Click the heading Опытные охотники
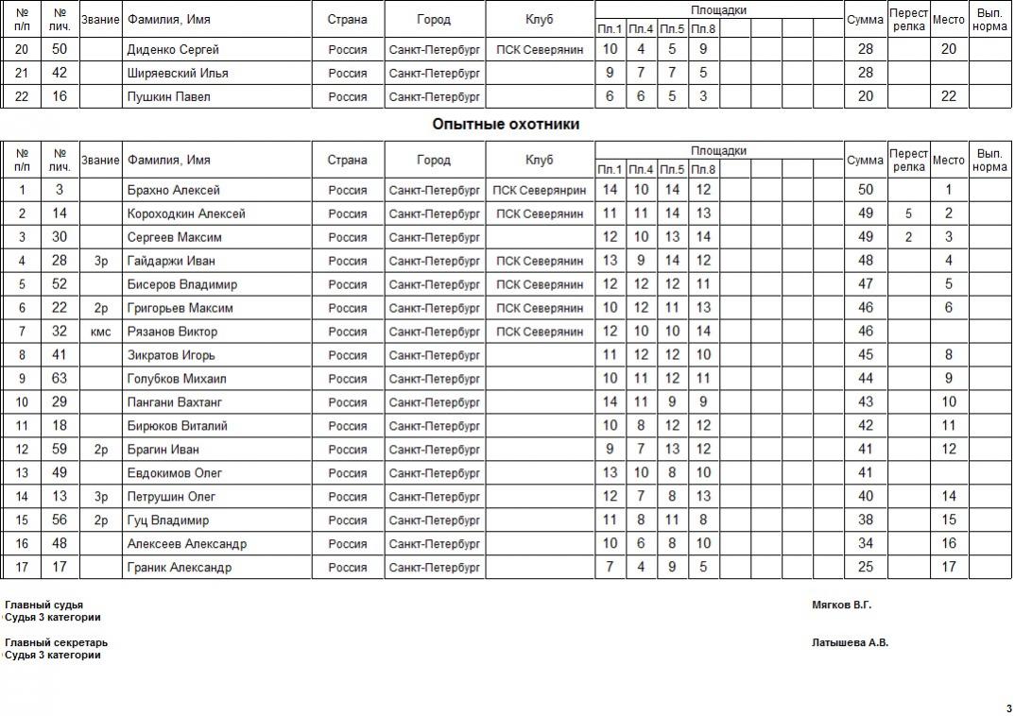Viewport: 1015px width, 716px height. (x=506, y=124)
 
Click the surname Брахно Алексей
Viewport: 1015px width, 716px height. (x=173, y=190)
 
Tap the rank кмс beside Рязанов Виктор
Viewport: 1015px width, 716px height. (x=100, y=332)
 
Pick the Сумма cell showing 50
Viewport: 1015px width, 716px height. (x=865, y=190)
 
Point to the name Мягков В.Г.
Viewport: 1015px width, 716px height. (x=841, y=605)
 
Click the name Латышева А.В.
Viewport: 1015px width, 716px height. (x=850, y=642)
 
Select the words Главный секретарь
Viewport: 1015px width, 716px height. (x=49, y=642)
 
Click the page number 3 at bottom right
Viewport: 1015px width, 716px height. (x=1007, y=708)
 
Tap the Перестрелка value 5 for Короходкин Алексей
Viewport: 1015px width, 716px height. (x=908, y=213)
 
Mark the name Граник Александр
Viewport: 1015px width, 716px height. (x=179, y=568)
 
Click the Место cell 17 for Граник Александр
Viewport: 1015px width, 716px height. (x=949, y=568)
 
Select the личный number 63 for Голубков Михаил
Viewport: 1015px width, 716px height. (x=60, y=379)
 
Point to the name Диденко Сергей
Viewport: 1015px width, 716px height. (x=173, y=49)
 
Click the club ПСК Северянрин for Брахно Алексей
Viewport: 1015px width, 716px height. (x=539, y=190)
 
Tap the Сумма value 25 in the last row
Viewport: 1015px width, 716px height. (x=865, y=568)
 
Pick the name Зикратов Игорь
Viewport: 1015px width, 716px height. (x=171, y=355)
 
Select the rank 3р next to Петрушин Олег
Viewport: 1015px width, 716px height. (x=100, y=497)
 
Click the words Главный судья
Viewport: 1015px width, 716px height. (x=43, y=605)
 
